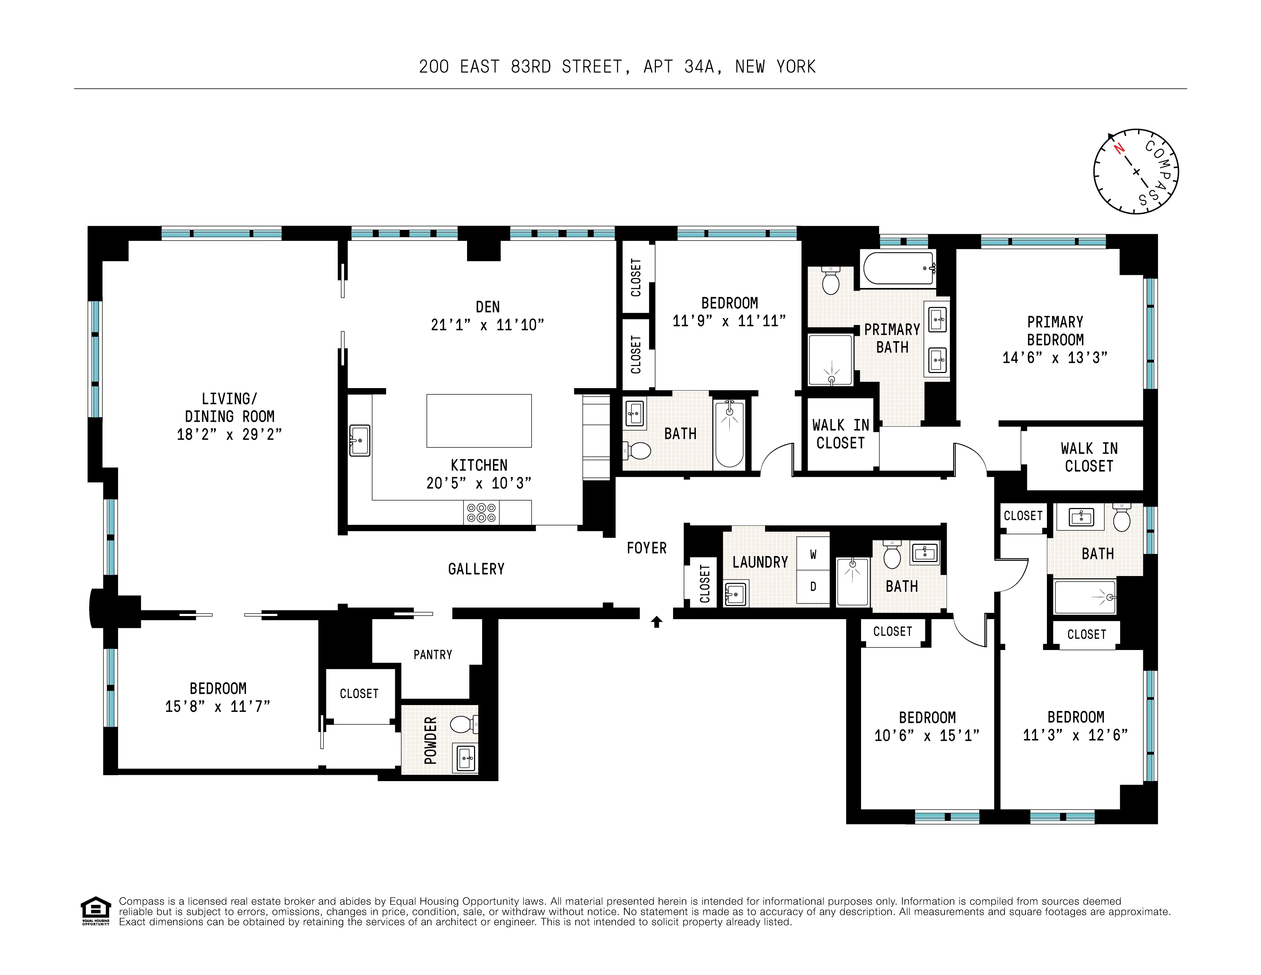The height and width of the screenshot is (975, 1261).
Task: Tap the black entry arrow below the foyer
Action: [x=657, y=622]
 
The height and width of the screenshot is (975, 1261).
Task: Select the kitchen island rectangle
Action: [x=479, y=420]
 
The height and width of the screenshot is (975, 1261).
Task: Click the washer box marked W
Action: [x=813, y=555]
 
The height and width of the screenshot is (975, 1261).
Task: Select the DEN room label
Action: [x=487, y=307]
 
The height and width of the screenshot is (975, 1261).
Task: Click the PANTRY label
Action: [x=432, y=655]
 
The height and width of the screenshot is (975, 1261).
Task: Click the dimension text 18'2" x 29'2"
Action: [x=229, y=434]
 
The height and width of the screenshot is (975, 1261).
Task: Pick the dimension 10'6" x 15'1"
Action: [x=927, y=735]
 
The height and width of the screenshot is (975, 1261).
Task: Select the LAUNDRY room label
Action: [x=760, y=562]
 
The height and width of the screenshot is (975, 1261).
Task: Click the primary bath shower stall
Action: [x=830, y=360]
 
